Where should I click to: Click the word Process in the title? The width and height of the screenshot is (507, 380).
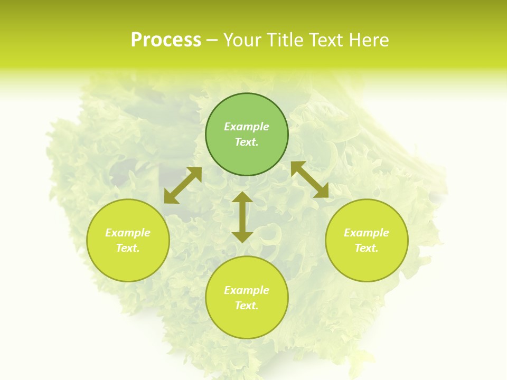166,40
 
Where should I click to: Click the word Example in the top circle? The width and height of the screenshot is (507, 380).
247,127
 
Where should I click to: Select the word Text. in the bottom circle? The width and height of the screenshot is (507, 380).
247,306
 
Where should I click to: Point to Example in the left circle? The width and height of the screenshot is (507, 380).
128,233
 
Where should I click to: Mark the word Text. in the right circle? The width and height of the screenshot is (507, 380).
367,248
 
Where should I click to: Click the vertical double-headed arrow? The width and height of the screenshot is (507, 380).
242,217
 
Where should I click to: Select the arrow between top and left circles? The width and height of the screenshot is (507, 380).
183,185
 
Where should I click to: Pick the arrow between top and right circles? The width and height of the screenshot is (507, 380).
309,180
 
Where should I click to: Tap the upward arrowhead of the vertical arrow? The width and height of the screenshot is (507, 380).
242,197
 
